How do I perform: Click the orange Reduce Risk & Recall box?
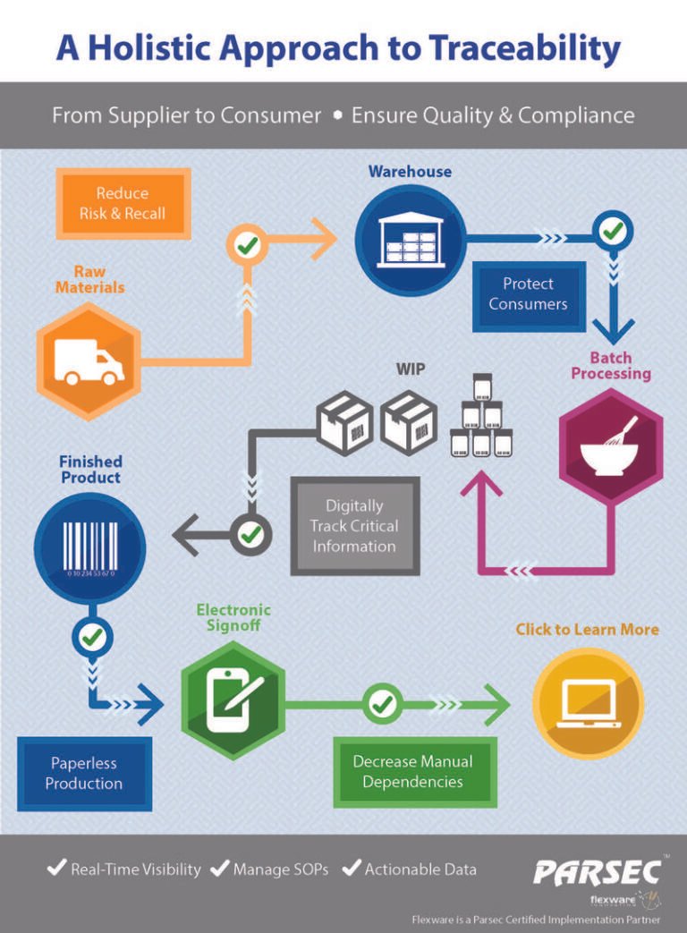click(x=123, y=203)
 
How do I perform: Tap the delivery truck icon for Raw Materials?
click(x=89, y=361)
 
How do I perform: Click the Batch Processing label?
click(x=611, y=365)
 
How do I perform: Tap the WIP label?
click(x=411, y=369)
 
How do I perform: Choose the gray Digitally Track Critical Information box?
click(x=354, y=525)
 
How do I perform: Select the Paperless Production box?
click(x=84, y=774)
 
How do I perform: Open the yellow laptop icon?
click(x=588, y=704)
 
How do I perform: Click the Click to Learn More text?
click(x=587, y=630)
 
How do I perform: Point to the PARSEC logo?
click(x=598, y=873)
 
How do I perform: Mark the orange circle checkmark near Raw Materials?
click(x=247, y=244)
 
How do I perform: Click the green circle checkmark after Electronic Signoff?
click(x=382, y=704)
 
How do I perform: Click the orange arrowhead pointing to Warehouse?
click(x=325, y=239)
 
